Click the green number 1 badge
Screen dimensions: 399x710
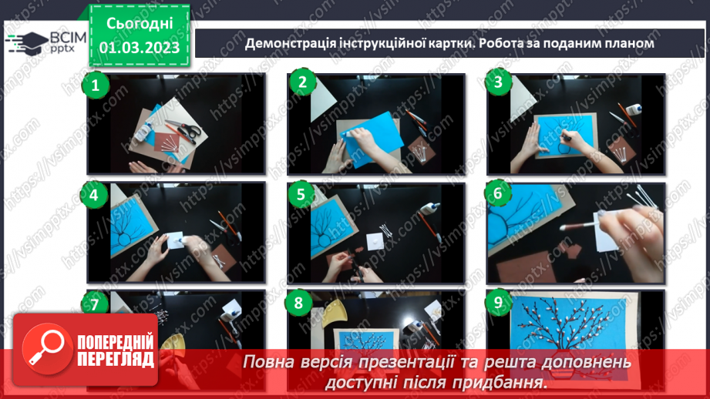pyautogui.click(x=96, y=85)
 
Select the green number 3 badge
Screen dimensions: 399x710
pyautogui.click(x=499, y=83)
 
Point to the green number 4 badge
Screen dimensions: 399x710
pyautogui.click(x=95, y=196)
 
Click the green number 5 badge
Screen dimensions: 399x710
pyautogui.click(x=298, y=196)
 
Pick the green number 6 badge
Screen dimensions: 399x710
pyautogui.click(x=498, y=193)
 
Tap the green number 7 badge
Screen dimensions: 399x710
pyautogui.click(x=95, y=305)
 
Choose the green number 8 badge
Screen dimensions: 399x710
pyautogui.click(x=298, y=303)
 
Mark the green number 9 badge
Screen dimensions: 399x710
pyautogui.click(x=498, y=303)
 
